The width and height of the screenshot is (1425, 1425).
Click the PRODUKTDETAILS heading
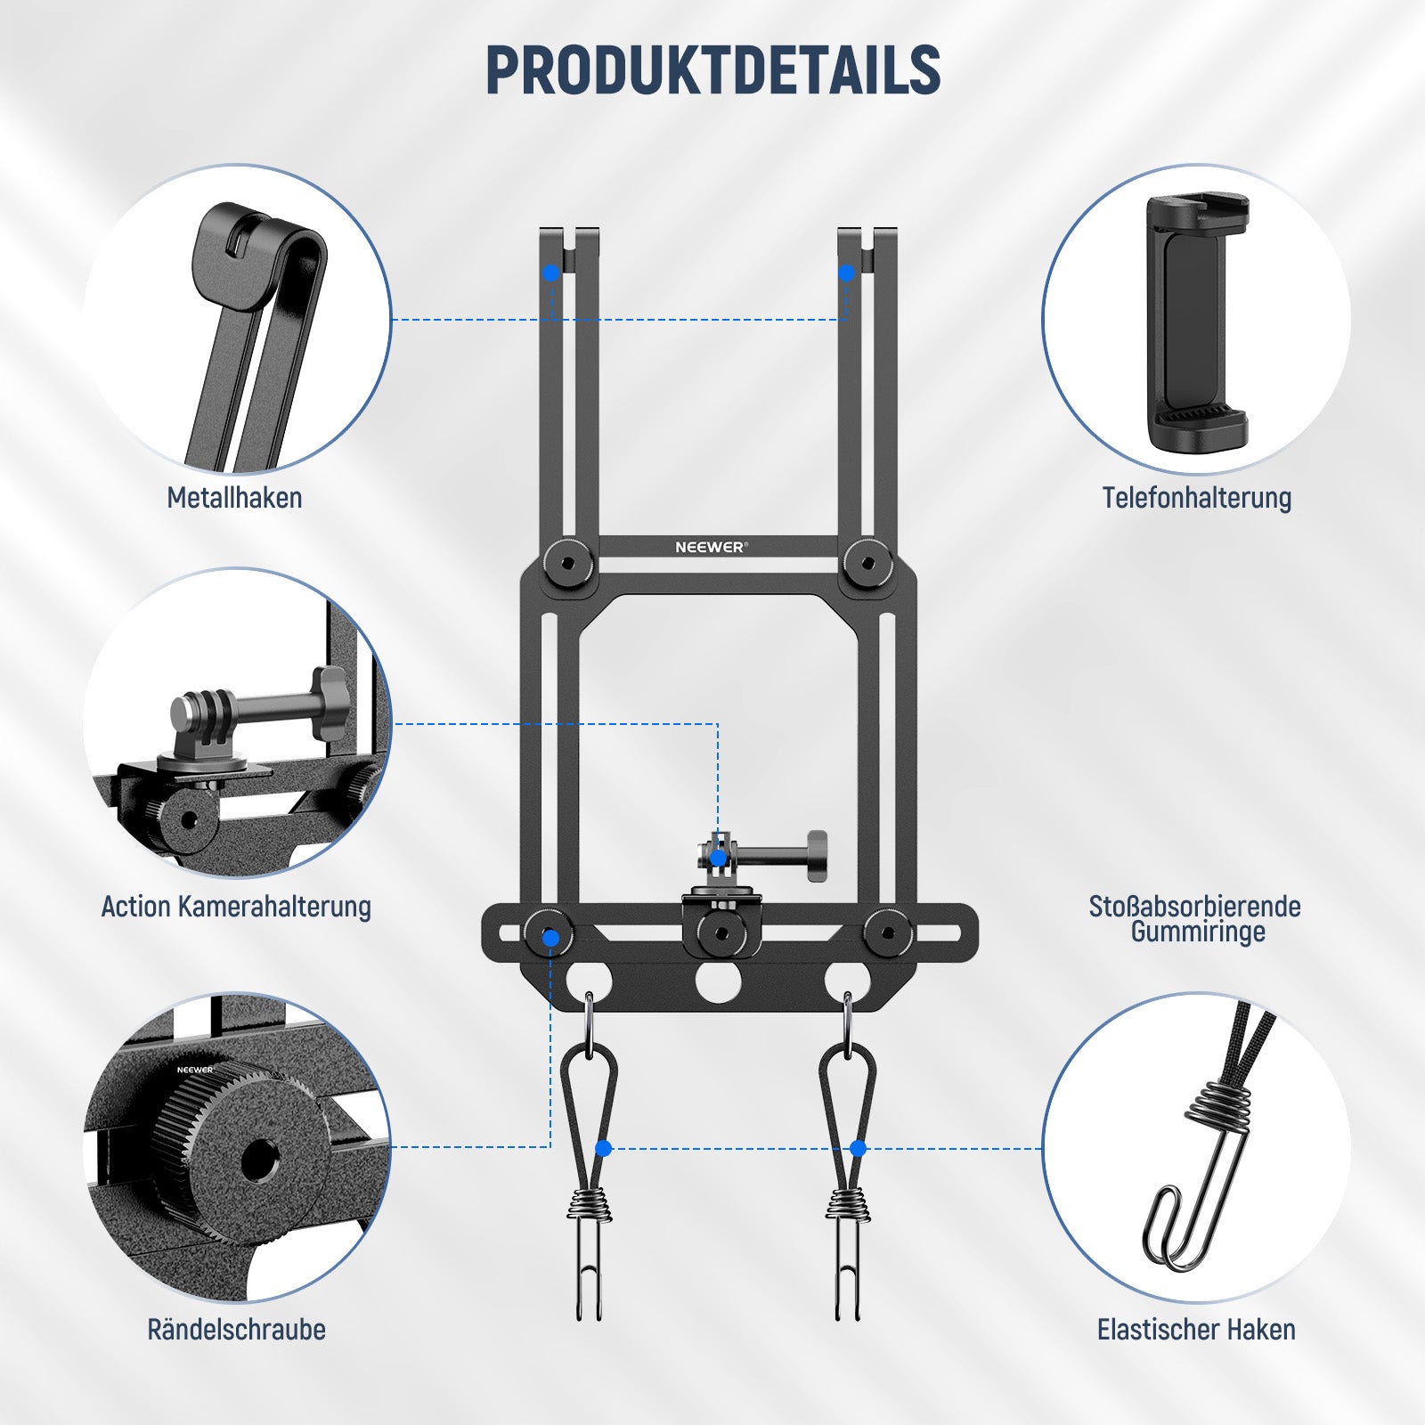(712, 70)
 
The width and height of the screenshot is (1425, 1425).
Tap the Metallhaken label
(234, 497)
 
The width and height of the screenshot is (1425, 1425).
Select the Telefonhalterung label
(1196, 497)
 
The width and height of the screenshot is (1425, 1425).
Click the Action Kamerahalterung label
(236, 906)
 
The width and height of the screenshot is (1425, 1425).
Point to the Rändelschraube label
(236, 1329)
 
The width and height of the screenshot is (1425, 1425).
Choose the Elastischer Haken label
(1196, 1329)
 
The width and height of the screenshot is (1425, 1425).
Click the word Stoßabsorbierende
(1194, 906)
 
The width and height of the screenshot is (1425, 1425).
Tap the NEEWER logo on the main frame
(712, 547)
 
